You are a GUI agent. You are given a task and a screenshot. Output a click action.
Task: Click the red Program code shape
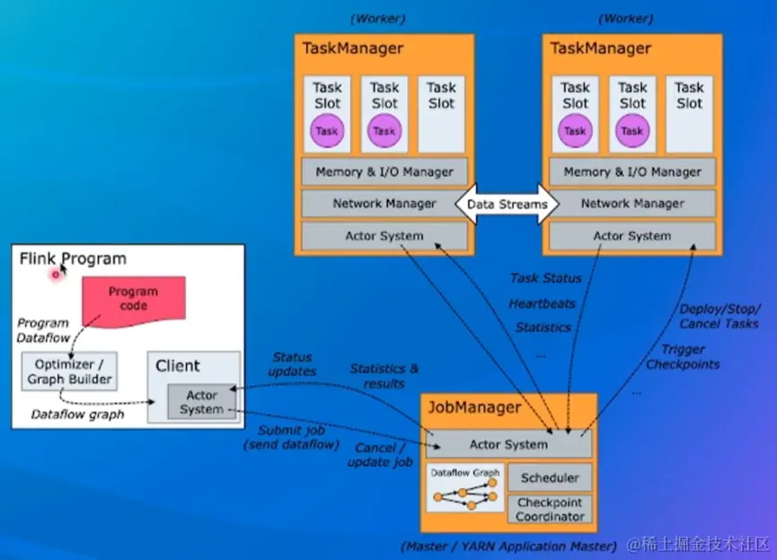(x=134, y=300)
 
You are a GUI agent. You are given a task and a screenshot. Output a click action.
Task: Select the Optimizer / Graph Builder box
(x=68, y=371)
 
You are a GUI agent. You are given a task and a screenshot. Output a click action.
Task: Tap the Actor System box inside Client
(x=201, y=401)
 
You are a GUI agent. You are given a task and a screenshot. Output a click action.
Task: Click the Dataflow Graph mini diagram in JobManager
(x=464, y=489)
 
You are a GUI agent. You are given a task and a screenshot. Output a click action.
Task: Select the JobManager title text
(x=475, y=407)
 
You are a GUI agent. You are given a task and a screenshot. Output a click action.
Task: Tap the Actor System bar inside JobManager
(x=508, y=444)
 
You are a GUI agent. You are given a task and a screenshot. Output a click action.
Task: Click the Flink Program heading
(x=74, y=259)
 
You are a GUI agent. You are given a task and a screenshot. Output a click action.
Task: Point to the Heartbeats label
(x=542, y=303)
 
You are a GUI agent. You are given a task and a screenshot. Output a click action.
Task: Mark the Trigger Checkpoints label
(x=684, y=356)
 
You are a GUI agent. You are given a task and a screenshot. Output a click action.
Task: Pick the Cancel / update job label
(x=380, y=455)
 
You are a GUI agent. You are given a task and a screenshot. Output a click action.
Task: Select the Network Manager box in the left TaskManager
(x=384, y=204)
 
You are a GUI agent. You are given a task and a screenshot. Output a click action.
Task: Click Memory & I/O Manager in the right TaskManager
(x=632, y=171)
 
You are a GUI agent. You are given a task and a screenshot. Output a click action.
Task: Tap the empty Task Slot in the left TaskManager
(x=441, y=113)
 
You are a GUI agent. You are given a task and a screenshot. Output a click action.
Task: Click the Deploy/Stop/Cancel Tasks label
(x=720, y=316)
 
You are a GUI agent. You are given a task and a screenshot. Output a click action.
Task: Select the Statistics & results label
(x=384, y=376)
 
